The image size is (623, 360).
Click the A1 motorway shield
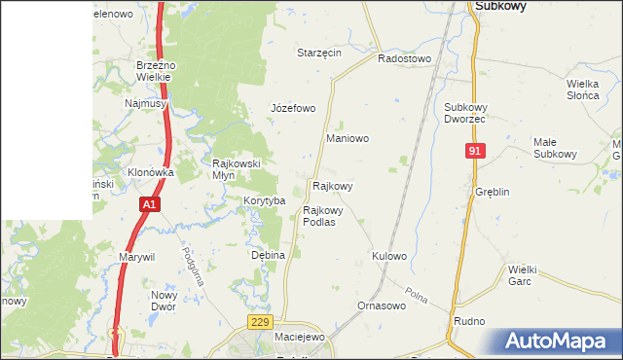[148, 204]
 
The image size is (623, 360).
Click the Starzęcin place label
[319, 53]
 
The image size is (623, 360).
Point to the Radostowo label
[404, 58]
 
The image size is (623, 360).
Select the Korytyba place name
[264, 200]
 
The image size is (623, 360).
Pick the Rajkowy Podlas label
[322, 215]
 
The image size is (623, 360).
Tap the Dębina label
[268, 255]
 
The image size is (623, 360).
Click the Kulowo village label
[388, 256]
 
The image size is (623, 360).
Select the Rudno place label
[469, 320]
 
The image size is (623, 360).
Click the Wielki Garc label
[524, 275]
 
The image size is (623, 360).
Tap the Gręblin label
[493, 192]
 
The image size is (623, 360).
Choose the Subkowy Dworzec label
[464, 112]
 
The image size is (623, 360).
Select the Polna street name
[418, 295]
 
